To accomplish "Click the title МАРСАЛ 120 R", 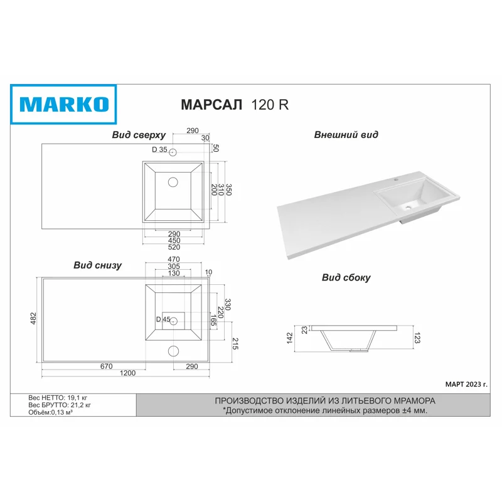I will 235,105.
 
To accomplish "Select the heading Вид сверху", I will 139,135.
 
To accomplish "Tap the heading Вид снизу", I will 97,265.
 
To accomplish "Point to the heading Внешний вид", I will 346,134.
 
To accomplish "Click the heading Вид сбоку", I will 346,277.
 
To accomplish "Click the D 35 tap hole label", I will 160,150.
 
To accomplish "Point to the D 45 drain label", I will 163,319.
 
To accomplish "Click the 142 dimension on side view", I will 289,337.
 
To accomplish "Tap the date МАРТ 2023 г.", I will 465,383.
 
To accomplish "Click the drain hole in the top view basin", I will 173,182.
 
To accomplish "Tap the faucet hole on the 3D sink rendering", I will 397,179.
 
